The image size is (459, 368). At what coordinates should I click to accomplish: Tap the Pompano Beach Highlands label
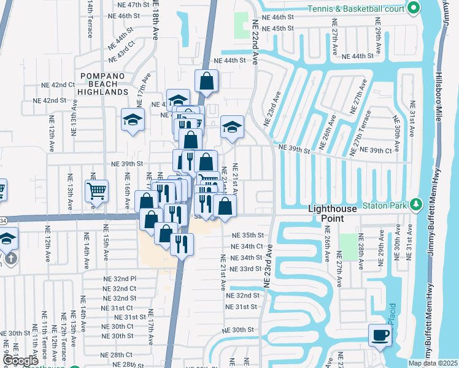103,83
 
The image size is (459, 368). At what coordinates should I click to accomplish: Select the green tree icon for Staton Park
416,204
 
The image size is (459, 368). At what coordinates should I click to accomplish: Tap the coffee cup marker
380,335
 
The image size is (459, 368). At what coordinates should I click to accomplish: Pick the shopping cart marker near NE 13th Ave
96,191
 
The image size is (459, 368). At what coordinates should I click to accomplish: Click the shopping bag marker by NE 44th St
207,80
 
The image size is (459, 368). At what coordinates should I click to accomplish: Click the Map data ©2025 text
433,363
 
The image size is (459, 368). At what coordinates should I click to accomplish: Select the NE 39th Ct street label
376,150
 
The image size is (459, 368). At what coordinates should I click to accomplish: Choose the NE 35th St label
247,235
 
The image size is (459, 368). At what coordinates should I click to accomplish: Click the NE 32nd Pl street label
120,278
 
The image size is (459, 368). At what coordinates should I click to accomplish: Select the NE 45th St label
278,28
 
